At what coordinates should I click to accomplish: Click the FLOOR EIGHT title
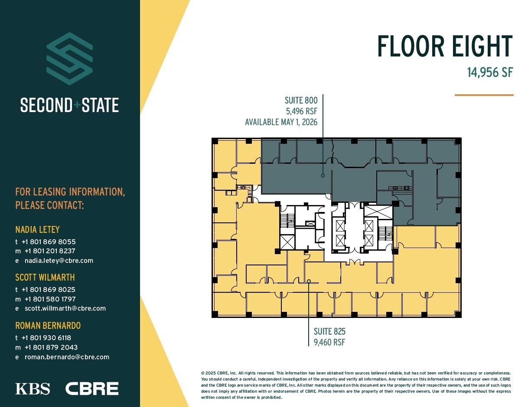pyautogui.click(x=444, y=46)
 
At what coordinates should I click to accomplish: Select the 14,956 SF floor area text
pyautogui.click(x=490, y=72)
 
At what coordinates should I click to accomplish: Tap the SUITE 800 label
pyautogui.click(x=301, y=101)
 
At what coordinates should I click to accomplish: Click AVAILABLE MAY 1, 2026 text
pyautogui.click(x=281, y=122)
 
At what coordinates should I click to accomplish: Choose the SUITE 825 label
pyautogui.click(x=329, y=332)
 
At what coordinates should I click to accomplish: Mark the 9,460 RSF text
pyautogui.click(x=329, y=342)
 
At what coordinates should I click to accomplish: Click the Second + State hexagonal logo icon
pyautogui.click(x=69, y=59)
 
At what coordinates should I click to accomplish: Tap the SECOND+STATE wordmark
pyautogui.click(x=69, y=106)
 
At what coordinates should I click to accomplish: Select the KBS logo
pyautogui.click(x=33, y=389)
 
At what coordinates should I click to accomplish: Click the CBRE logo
pyautogui.click(x=92, y=389)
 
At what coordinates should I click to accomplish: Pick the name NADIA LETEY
pyautogui.click(x=37, y=229)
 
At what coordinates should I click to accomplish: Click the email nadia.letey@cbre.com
pyautogui.click(x=59, y=261)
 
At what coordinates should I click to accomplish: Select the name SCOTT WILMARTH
pyautogui.click(x=45, y=277)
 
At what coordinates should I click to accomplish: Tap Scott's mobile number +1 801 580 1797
pyautogui.click(x=50, y=299)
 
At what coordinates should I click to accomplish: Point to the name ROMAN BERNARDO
pyautogui.click(x=48, y=325)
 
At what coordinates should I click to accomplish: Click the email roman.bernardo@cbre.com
pyautogui.click(x=67, y=357)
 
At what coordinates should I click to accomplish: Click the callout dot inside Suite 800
pyautogui.click(x=323, y=176)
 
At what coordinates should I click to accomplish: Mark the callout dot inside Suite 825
pyautogui.click(x=309, y=281)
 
